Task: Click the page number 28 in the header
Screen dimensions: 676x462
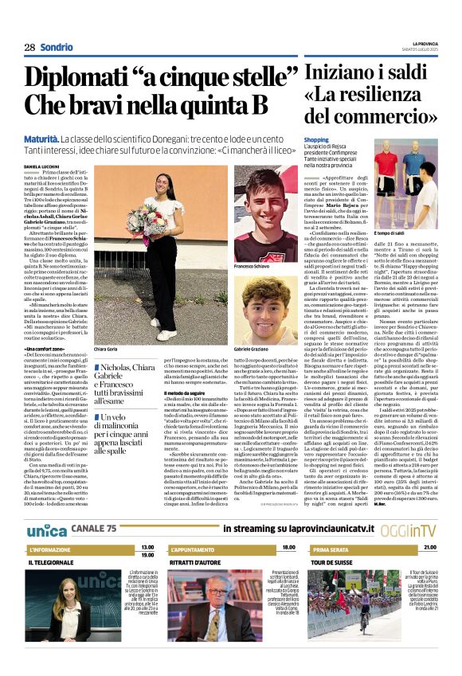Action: pos(29,47)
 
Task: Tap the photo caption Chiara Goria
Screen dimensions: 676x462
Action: pos(105,349)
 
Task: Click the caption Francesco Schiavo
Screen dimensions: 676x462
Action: pos(253,266)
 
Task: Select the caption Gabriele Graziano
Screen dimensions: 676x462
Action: pos(255,350)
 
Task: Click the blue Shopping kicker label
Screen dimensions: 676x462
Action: pos(315,139)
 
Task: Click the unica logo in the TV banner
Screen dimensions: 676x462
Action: pos(46,508)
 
